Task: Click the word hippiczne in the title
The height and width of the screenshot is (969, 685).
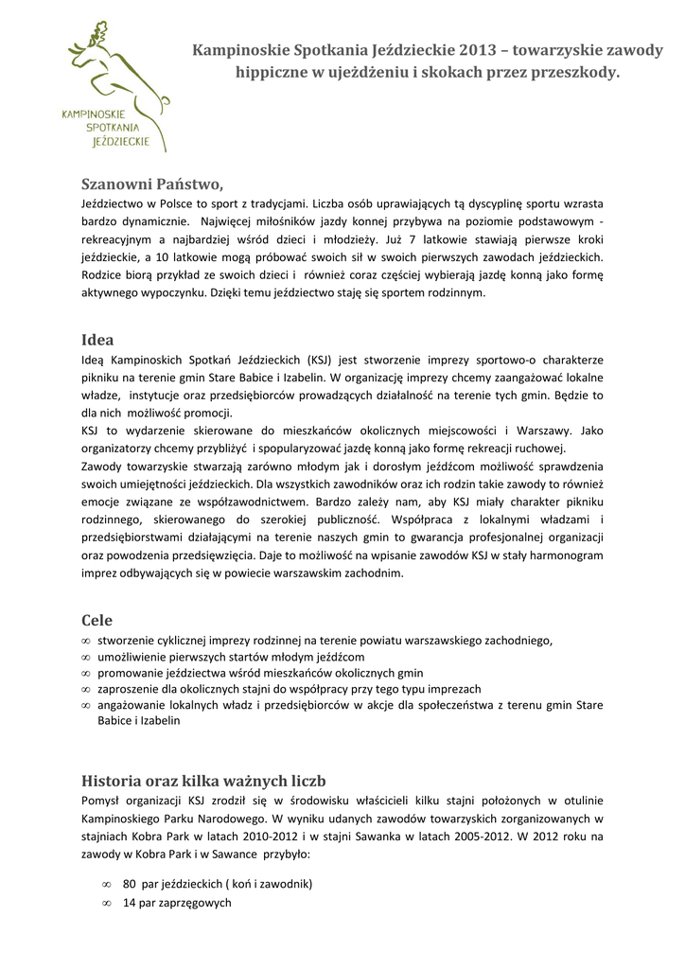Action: coord(271,72)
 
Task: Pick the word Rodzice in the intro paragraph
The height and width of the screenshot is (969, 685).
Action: coord(101,274)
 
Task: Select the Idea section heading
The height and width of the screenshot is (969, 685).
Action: coord(97,340)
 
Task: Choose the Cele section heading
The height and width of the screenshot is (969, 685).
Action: coord(97,620)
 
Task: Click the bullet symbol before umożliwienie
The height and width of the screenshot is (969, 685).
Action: coord(87,657)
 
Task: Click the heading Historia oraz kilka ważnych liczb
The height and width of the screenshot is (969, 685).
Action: coord(203,781)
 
